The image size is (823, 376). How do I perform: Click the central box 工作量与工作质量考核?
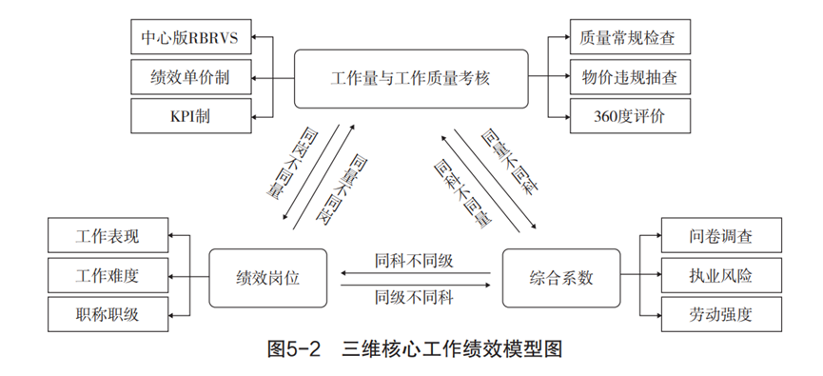pyautogui.click(x=410, y=77)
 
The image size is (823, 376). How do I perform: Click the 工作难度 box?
pyautogui.click(x=108, y=276)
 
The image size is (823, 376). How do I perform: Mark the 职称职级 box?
pyautogui.click(x=108, y=315)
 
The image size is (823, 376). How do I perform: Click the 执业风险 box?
pyautogui.click(x=720, y=276)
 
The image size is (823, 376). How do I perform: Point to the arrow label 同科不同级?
pyautogui.click(x=414, y=259)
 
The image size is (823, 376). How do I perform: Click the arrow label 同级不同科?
pyautogui.click(x=414, y=296)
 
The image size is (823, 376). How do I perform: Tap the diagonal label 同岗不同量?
pyautogui.click(x=284, y=166)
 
